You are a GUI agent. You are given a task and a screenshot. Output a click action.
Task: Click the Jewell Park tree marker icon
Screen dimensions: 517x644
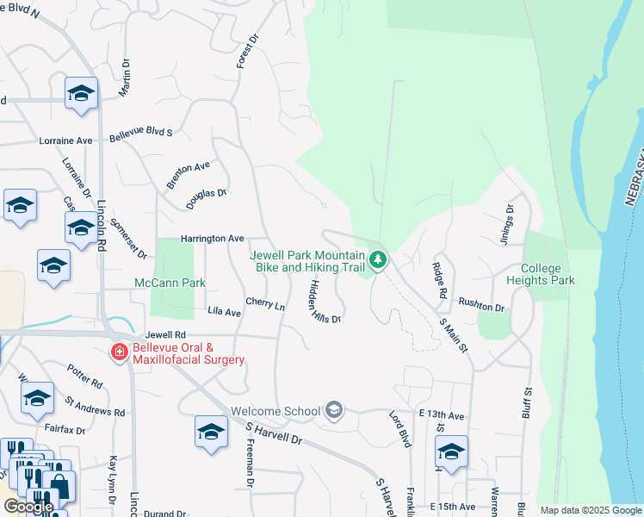tap(377, 258)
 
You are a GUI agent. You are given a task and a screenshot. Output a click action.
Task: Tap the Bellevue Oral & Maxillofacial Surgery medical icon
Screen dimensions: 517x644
tap(120, 352)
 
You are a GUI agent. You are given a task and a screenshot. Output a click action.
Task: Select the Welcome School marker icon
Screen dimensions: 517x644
tap(334, 411)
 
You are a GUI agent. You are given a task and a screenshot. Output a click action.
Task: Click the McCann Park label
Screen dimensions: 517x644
tap(170, 283)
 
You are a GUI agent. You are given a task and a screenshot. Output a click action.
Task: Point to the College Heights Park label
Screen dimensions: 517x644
tap(548, 274)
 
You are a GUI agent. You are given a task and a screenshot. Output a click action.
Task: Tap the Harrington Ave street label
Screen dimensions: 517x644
tap(212, 238)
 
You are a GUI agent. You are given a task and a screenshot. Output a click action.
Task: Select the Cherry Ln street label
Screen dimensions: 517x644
tap(265, 304)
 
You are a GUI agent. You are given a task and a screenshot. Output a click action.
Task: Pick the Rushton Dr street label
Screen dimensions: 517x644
tap(480, 306)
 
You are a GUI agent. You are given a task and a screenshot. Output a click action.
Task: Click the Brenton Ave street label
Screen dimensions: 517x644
tap(189, 175)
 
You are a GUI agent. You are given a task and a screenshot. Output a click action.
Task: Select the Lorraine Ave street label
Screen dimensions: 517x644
tap(65, 140)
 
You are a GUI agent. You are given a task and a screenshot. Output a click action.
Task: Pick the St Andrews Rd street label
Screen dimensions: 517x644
tap(95, 406)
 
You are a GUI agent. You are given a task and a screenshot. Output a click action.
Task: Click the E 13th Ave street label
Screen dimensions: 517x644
tap(442, 415)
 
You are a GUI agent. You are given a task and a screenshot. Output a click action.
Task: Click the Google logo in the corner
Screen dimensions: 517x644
tap(28, 507)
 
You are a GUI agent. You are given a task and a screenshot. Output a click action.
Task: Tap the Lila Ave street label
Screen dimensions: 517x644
tap(224, 312)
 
